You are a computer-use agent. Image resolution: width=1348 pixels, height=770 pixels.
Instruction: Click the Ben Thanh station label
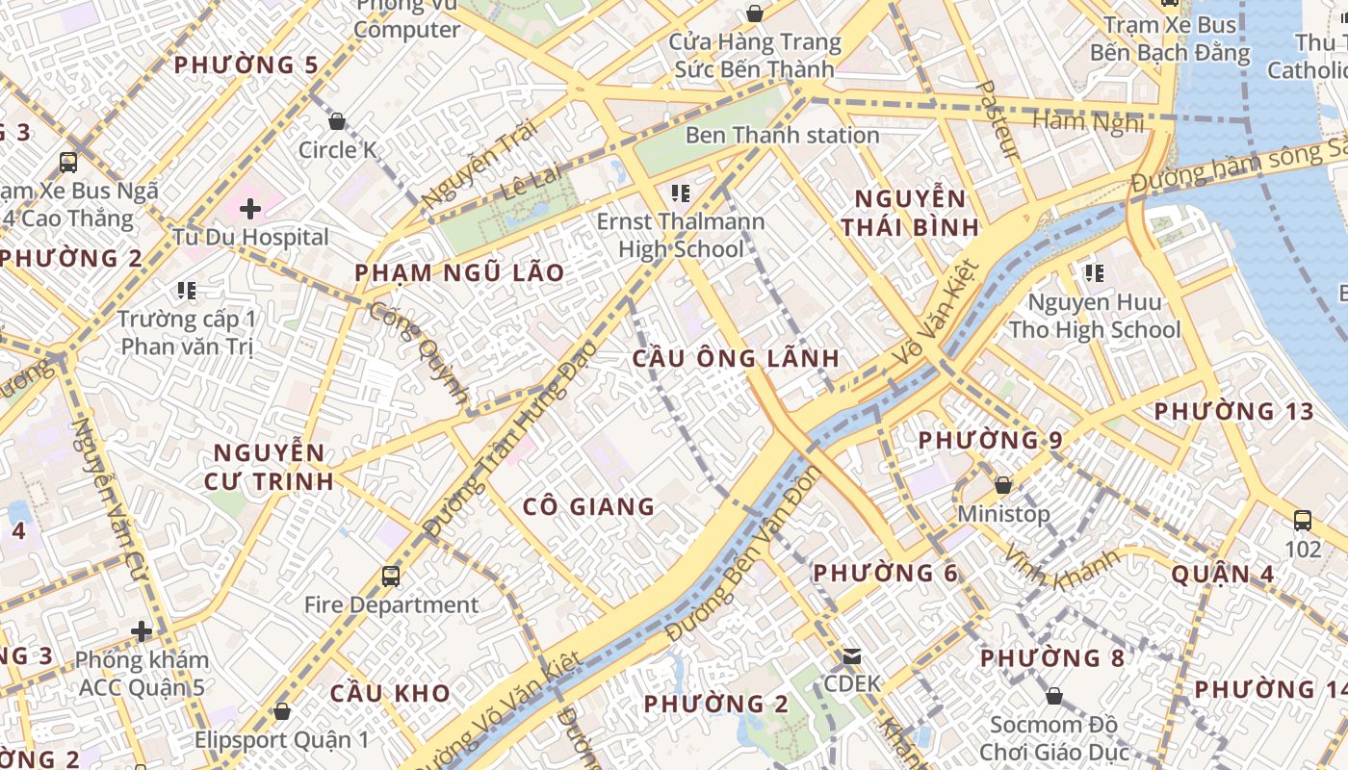[x=782, y=136]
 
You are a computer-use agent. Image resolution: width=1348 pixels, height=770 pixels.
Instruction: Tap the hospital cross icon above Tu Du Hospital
[x=250, y=208]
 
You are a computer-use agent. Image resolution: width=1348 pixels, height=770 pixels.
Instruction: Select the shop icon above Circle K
[x=337, y=122]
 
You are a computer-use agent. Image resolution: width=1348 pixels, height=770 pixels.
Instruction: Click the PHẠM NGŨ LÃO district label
[x=459, y=273]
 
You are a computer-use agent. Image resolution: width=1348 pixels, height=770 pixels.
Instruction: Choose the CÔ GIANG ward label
[x=588, y=506]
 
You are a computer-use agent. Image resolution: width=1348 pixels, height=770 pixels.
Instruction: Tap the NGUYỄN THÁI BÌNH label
[x=910, y=214]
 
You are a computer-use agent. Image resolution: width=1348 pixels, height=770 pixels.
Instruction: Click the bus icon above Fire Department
[x=390, y=577]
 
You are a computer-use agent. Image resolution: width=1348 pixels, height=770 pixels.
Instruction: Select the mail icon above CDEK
[x=852, y=656]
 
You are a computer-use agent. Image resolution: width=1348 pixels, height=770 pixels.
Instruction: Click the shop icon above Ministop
[x=1003, y=485]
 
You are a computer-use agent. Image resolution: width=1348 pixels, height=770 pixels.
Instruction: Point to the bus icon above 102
[x=1303, y=521]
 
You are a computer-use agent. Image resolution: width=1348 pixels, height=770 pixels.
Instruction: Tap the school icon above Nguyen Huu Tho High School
[x=1094, y=273]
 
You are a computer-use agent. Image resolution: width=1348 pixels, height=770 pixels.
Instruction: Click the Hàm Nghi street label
[x=1088, y=121]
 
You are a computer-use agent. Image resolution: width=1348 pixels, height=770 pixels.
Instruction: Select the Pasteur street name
[x=998, y=119]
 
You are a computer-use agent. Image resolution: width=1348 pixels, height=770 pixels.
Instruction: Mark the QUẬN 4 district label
[x=1222, y=575]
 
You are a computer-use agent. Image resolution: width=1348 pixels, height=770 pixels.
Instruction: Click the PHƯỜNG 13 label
[x=1233, y=412]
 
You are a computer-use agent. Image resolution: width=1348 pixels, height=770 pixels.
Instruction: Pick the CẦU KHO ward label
[x=390, y=693]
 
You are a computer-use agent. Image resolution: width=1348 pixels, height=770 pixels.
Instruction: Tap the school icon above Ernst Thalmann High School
[x=681, y=193]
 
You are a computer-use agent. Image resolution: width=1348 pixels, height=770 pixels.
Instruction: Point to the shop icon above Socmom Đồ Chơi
[x=1054, y=696]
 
